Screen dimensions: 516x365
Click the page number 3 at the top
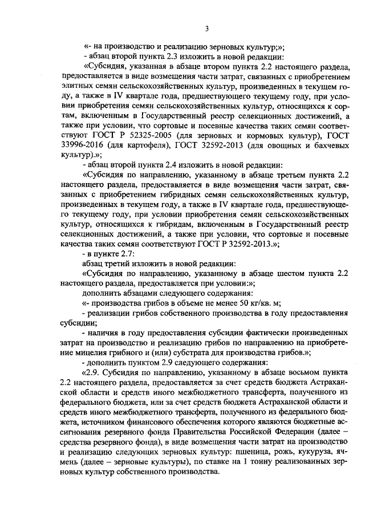208,29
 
